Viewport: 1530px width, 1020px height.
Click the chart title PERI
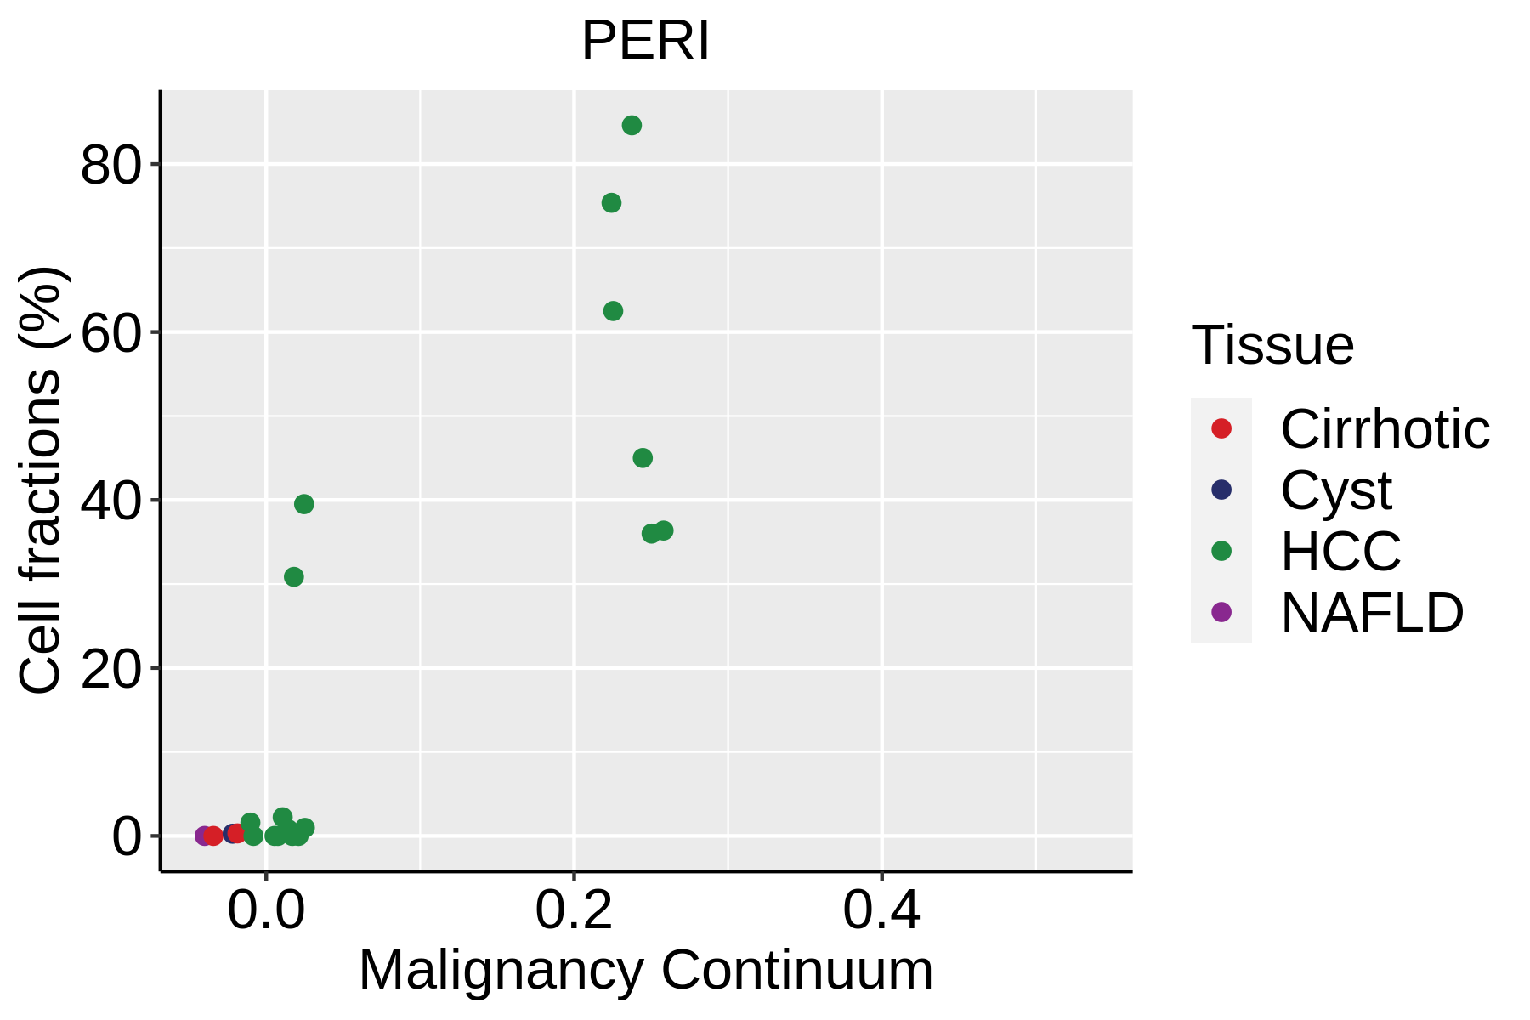645,41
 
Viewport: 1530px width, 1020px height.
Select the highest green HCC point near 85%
632,126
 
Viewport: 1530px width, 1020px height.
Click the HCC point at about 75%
611,203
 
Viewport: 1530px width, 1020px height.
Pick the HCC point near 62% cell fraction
613,311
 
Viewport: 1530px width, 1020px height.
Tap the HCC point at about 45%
643,458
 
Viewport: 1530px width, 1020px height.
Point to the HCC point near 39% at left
303,504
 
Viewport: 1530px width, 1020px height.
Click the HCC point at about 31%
293,577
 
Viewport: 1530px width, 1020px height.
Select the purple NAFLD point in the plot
204,836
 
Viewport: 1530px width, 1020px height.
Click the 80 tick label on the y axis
110,165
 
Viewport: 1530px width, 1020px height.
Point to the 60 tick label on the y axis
110,333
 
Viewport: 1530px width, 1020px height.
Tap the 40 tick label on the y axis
110,501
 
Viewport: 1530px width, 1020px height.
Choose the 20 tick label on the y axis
110,669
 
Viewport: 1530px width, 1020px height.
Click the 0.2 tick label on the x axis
574,911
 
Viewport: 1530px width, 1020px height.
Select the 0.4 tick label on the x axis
881,911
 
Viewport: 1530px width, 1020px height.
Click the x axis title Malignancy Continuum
646,971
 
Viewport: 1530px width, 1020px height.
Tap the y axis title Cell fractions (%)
41,480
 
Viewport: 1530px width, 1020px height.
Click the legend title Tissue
1272,345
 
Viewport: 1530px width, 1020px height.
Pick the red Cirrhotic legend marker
1221,428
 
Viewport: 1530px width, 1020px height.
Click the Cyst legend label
1336,490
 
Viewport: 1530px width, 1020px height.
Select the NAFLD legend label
1372,612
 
